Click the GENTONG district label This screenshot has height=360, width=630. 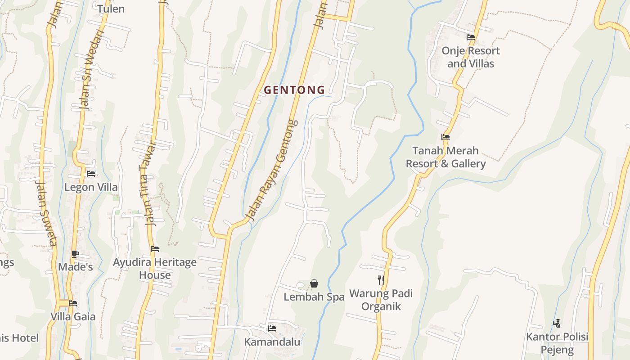click(x=294, y=90)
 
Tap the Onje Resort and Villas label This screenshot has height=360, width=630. click(x=471, y=57)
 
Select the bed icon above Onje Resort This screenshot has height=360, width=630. click(x=471, y=37)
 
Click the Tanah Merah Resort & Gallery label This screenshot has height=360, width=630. click(x=445, y=157)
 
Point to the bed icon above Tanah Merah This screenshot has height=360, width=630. click(x=445, y=137)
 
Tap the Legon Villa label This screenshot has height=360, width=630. click(x=91, y=187)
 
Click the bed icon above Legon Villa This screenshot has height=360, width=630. click(x=91, y=174)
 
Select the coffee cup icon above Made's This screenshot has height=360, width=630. click(x=75, y=254)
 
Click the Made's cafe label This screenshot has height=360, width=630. click(x=75, y=267)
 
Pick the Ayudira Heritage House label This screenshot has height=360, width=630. click(x=155, y=269)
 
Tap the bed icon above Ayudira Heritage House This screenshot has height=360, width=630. click(x=155, y=249)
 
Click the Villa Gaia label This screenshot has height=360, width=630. click(x=73, y=316)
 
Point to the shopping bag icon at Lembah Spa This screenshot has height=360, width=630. click(x=314, y=283)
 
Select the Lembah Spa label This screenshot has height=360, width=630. click(x=314, y=297)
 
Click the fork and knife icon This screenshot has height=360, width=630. click(x=381, y=280)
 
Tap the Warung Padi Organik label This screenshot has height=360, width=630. click(x=381, y=300)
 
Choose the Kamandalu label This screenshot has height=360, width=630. click(x=272, y=342)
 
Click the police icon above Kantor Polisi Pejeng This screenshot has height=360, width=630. click(x=557, y=323)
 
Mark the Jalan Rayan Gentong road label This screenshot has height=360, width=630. click(x=273, y=171)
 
